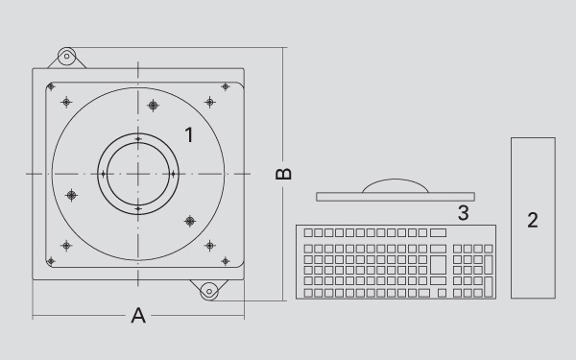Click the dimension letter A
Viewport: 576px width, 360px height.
[138, 316]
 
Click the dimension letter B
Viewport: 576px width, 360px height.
[283, 174]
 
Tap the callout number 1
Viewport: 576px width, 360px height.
[189, 134]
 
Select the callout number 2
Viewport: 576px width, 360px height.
[533, 221]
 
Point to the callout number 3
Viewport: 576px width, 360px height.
[464, 213]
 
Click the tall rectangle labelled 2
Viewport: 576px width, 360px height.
[533, 218]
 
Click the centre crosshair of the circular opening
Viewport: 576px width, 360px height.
[138, 174]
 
